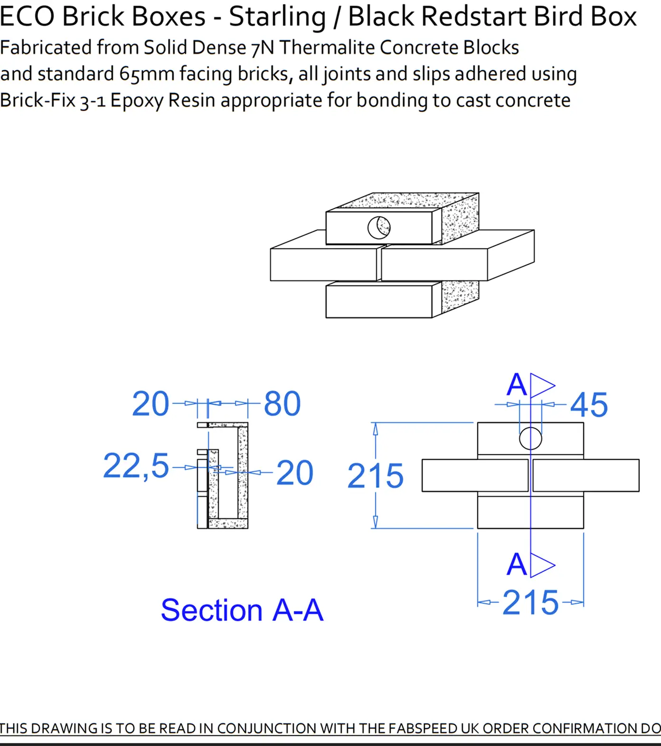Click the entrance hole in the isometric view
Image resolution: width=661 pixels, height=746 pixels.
click(379, 227)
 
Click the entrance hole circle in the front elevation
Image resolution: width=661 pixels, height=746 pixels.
click(530, 438)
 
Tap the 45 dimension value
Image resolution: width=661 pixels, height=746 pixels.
click(589, 405)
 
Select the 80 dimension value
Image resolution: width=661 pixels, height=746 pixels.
click(282, 404)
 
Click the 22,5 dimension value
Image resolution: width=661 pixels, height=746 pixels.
click(136, 466)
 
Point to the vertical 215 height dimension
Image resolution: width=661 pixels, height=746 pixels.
click(375, 476)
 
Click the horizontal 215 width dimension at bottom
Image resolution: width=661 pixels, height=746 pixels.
click(530, 603)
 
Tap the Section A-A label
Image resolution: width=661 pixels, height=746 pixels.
click(242, 610)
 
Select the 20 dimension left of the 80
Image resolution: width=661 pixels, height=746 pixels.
click(150, 404)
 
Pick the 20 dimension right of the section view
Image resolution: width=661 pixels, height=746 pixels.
click(294, 473)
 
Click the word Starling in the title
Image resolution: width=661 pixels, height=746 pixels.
click(277, 17)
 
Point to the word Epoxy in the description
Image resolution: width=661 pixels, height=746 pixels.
click(137, 101)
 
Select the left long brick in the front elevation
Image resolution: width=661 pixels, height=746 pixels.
click(475, 476)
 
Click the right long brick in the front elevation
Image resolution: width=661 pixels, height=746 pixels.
click(586, 476)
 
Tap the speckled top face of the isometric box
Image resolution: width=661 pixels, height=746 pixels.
click(404, 201)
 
